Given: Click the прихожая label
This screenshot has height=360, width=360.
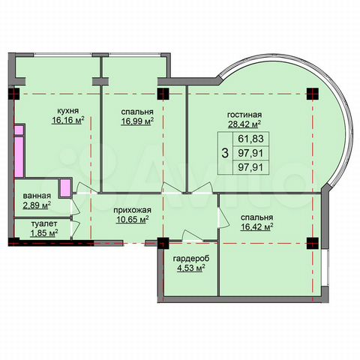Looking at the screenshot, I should click(x=124, y=211).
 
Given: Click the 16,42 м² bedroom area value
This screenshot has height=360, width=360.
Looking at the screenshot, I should click(x=256, y=224).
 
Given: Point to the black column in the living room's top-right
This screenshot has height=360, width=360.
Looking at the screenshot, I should click(x=312, y=94).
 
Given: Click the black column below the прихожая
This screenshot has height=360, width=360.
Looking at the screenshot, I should click(x=162, y=242).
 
